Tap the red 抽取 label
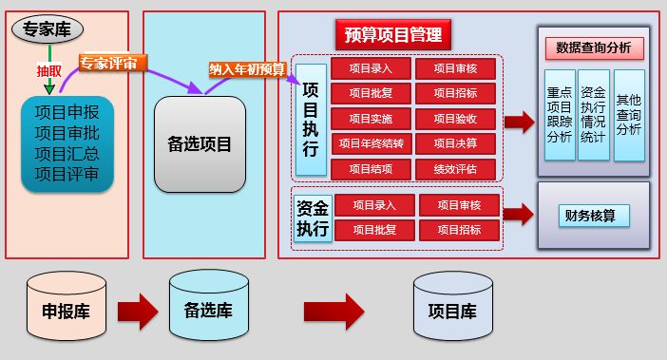click(48, 70)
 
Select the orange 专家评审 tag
click(106, 64)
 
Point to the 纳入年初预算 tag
click(247, 68)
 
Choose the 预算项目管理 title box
click(392, 36)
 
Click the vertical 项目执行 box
click(311, 120)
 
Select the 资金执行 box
click(312, 218)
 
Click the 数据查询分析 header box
click(594, 48)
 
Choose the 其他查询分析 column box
click(628, 114)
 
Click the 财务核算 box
click(594, 216)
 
